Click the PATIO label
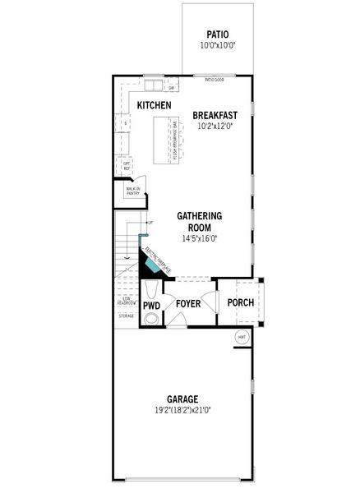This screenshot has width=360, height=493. coord(217,35)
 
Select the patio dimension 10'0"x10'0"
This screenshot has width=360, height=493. coord(217,46)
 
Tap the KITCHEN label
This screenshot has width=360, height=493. coord(154,105)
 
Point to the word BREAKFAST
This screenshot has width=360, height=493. coord(215,115)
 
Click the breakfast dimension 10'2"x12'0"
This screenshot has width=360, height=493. coord(215,127)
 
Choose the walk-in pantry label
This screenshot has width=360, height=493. coord(132,191)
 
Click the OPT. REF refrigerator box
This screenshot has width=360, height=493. coord(127,164)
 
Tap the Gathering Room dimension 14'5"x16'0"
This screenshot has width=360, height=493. coord(200,239)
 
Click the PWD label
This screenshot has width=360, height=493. coord(152,305)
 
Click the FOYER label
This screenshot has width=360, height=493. coord(189,304)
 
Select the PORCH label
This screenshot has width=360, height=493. coord(241,302)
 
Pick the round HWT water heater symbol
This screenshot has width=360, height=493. coord(242,338)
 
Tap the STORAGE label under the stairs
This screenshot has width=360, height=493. coord(126,315)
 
